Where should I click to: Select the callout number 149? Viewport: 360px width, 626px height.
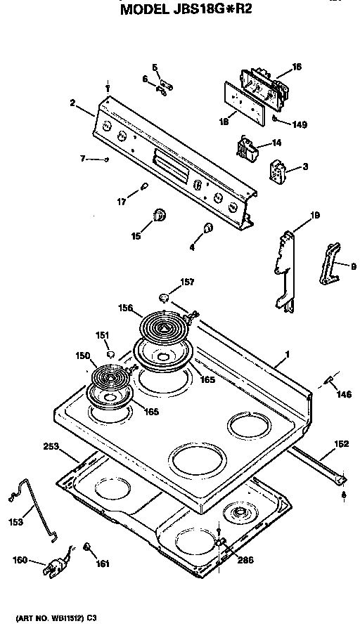300,125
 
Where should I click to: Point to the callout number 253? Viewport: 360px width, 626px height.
51,446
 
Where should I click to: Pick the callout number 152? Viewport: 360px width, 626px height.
340,443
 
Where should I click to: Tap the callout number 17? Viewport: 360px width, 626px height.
122,202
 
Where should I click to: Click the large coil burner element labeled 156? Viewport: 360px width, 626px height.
163,327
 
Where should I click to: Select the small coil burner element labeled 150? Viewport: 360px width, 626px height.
109,380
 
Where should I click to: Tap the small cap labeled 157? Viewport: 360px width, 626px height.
165,298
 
